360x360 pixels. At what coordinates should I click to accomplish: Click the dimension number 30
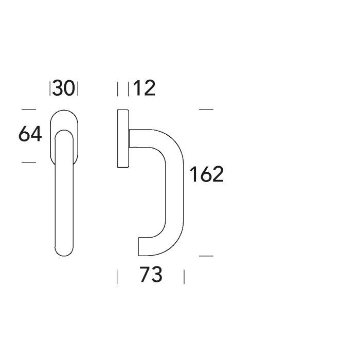64,88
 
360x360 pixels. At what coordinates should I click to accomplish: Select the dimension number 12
144,88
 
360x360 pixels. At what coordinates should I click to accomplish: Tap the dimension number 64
30,134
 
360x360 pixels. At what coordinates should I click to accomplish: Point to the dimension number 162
206,174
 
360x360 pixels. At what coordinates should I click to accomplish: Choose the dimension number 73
151,274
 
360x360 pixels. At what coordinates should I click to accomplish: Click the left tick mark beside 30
50,88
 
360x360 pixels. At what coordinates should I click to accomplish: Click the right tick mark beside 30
78,88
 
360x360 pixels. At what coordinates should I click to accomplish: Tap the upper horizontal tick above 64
29,110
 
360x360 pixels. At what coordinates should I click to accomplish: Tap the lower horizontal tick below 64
29,163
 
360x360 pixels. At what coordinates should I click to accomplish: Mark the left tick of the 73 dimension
117,277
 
